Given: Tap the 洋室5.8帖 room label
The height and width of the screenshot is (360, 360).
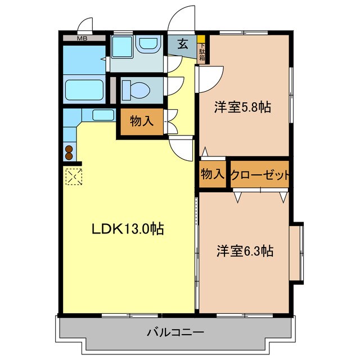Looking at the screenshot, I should click(x=242, y=107).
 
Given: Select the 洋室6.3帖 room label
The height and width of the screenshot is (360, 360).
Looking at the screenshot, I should click(x=245, y=251).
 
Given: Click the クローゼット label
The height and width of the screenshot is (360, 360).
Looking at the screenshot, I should click(x=260, y=175).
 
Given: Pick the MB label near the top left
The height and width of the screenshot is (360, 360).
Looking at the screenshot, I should click(x=82, y=38).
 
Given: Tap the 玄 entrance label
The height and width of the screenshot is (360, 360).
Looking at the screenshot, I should click(x=183, y=44).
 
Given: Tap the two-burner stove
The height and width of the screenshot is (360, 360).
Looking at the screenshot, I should click(x=70, y=152).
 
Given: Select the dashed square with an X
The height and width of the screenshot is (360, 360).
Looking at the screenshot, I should click(x=73, y=177).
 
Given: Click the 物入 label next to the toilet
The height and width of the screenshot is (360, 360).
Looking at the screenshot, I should click(x=142, y=121).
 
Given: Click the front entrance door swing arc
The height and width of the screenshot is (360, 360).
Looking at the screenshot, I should click(x=182, y=17).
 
